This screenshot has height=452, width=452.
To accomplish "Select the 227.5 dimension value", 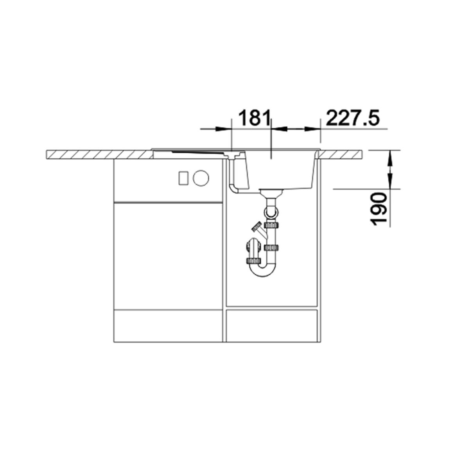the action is pyautogui.click(x=352, y=118).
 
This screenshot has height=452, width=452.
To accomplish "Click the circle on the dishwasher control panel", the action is pyautogui.click(x=201, y=178).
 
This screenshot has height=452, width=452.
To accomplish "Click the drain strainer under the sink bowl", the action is pyautogui.click(x=271, y=192).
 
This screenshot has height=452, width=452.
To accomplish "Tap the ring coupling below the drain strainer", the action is pyautogui.click(x=271, y=213).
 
